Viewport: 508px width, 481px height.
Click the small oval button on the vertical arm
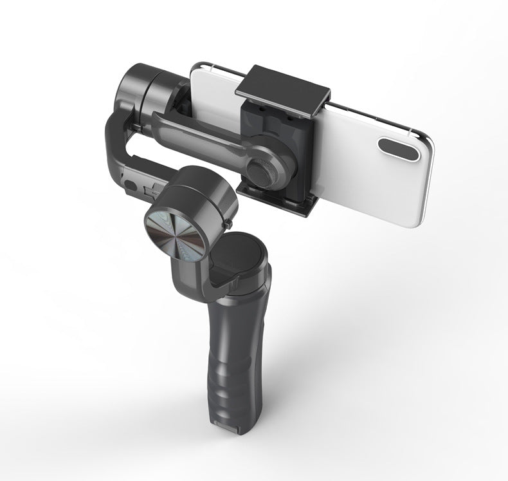[x=132, y=186]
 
